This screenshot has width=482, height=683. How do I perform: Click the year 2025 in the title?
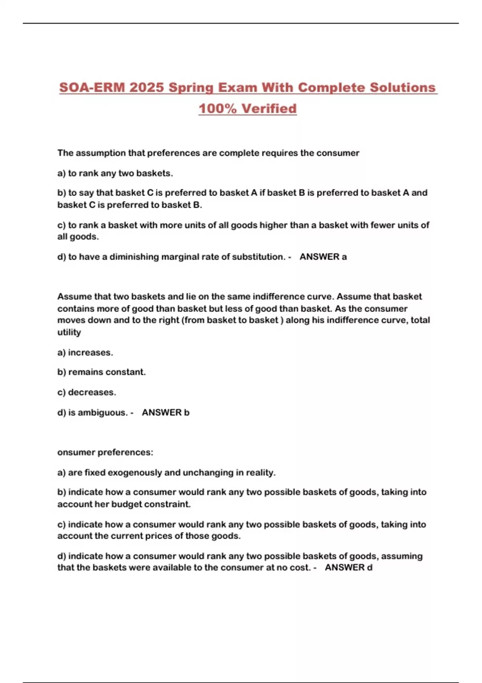click(x=147, y=88)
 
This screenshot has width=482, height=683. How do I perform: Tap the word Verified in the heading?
click(x=270, y=108)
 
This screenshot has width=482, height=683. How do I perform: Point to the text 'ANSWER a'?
click(x=323, y=257)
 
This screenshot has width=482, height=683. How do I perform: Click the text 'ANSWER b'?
click(x=165, y=413)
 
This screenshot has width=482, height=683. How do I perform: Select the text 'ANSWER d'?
click(x=348, y=568)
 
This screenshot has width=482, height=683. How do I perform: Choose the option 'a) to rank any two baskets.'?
click(x=115, y=173)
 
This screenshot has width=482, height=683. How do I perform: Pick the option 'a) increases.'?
click(x=85, y=352)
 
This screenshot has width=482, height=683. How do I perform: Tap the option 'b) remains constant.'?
click(x=101, y=372)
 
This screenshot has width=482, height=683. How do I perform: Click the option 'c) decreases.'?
click(x=86, y=392)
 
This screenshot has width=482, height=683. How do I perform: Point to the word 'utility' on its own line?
click(x=69, y=332)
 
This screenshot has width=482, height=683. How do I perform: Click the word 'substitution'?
click(x=259, y=257)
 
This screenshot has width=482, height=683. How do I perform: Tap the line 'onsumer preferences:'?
click(x=105, y=452)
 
